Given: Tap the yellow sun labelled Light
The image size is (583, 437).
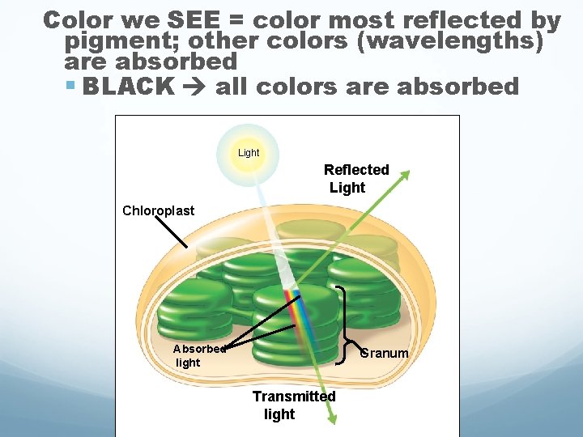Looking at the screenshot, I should click(249, 151).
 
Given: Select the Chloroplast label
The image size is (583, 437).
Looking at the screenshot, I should click(159, 210).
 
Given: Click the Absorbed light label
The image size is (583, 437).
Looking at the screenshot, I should click(198, 355).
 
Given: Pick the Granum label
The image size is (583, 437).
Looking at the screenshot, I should click(385, 353).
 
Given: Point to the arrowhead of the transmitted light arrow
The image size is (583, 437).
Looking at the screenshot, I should click(333, 418).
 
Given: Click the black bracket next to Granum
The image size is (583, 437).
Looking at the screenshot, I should click(346, 320).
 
